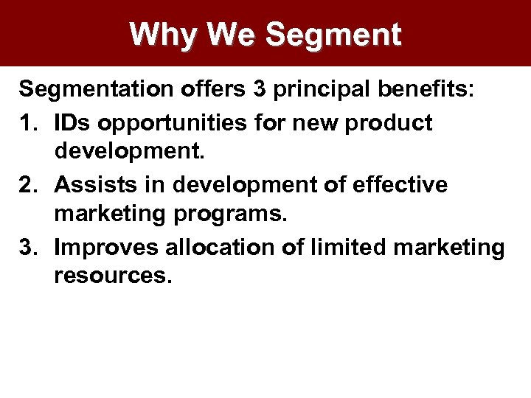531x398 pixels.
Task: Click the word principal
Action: [x=324, y=91]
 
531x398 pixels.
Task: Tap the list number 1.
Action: [x=28, y=122]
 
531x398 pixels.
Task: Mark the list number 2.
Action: [x=28, y=184]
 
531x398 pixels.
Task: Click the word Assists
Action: [x=92, y=184]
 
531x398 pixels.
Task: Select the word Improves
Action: [x=106, y=248]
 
